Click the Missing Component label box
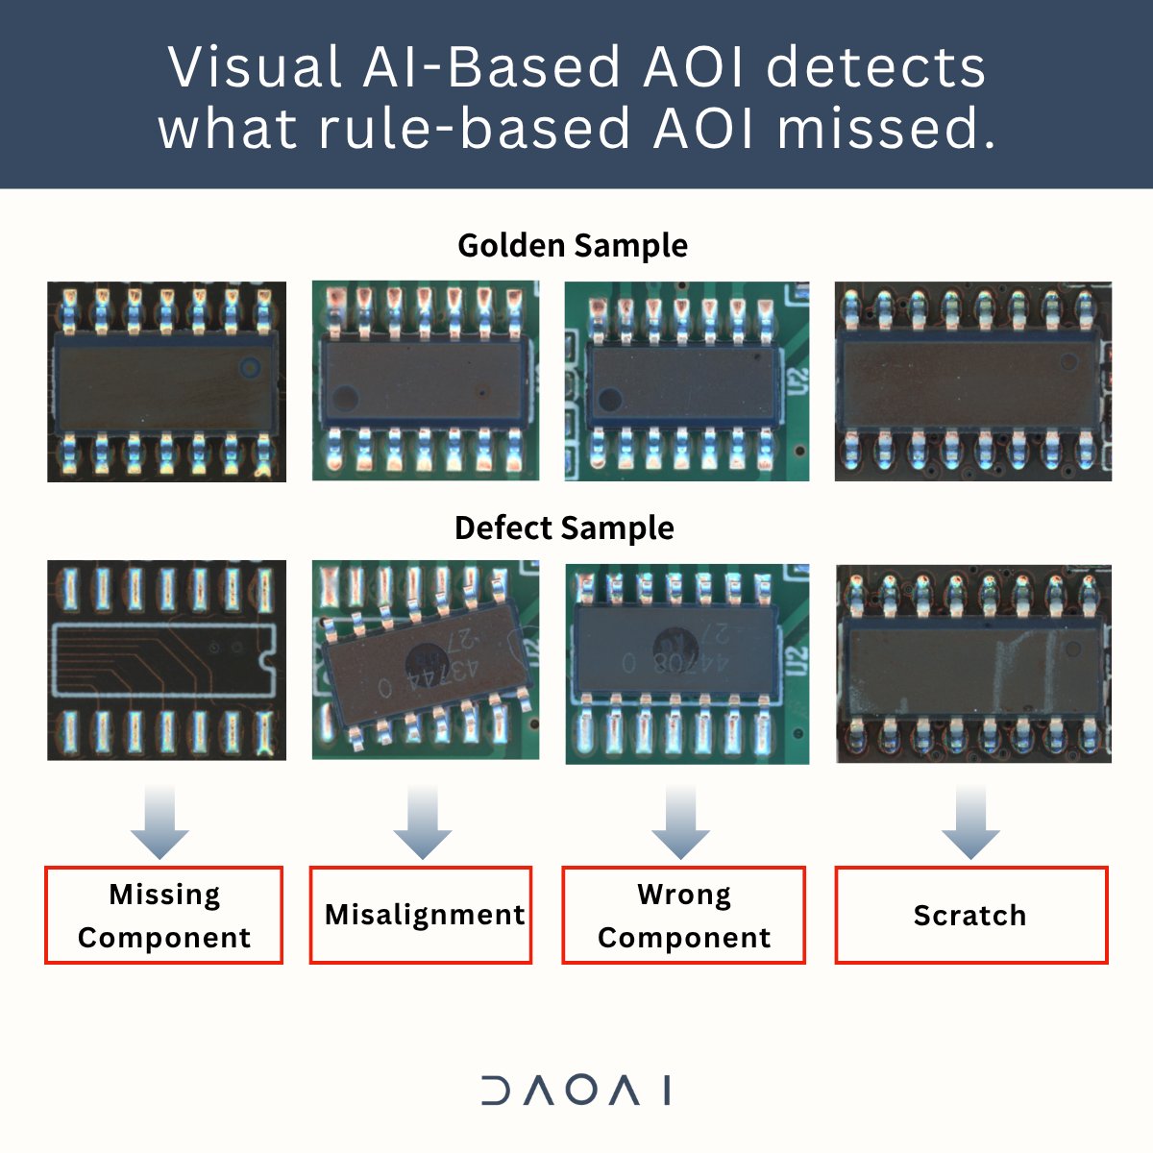163,915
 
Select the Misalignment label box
421,915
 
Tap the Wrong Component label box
683,915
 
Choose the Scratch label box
970,915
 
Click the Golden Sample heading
573,246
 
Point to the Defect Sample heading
564,528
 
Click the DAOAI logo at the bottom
576,1091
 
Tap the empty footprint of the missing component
163,660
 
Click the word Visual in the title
255,67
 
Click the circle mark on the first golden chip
251,366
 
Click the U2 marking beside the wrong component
795,660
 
